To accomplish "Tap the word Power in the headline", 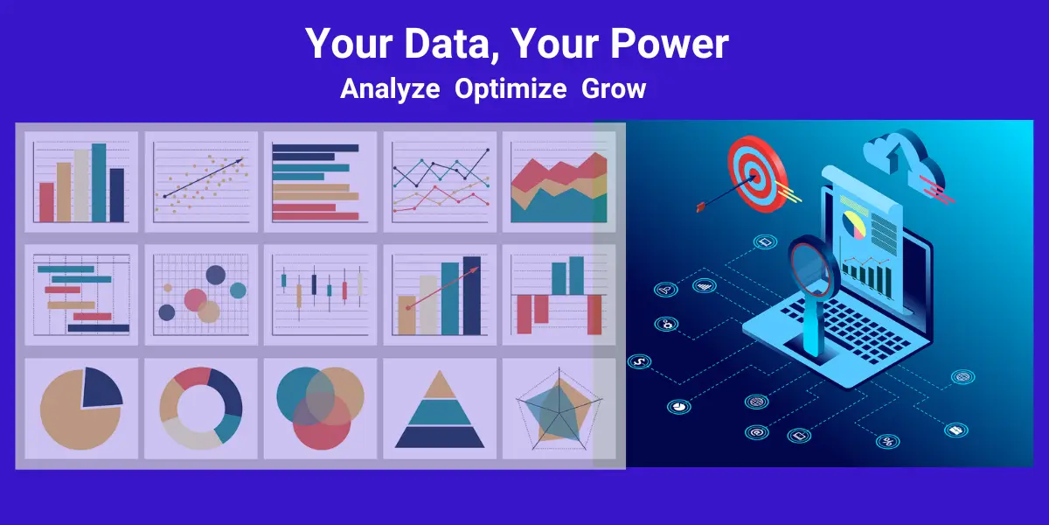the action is [x=670, y=44].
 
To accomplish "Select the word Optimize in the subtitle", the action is [x=511, y=89].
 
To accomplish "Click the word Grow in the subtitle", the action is [x=614, y=88].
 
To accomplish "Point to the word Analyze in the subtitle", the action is [x=390, y=89].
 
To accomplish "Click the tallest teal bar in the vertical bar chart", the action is [x=99, y=182].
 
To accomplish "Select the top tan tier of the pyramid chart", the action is [x=440, y=384].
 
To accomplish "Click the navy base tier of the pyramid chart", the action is [x=440, y=437].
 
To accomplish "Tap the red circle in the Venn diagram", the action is [x=322, y=421].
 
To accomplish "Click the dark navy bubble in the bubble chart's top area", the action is [x=215, y=275].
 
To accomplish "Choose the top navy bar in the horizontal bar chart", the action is [x=316, y=148].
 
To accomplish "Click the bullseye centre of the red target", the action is [x=754, y=177].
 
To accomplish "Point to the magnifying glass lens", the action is [x=809, y=266].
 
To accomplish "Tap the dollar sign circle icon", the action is [x=639, y=361].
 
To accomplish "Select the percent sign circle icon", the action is [x=887, y=442].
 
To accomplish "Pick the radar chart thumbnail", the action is [x=559, y=409].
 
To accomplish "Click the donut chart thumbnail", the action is [x=201, y=409].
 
